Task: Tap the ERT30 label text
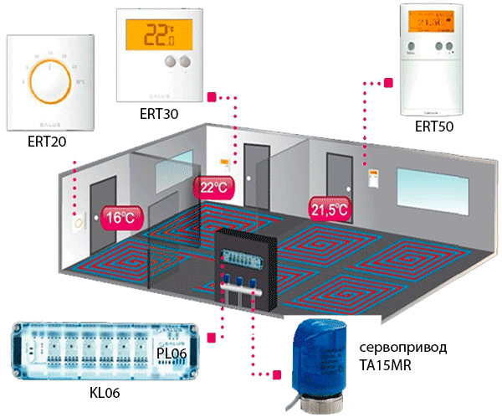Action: [x=161, y=112]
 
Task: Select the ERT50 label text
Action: [x=433, y=126]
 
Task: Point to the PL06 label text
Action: [x=193, y=332]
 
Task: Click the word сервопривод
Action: [x=400, y=348]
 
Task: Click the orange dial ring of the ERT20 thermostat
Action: [x=50, y=81]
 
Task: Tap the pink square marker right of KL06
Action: [x=212, y=337]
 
